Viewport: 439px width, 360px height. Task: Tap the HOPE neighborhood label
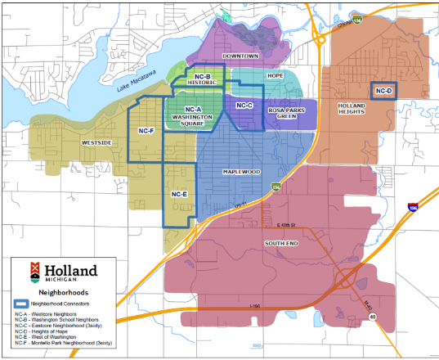coord(275,75)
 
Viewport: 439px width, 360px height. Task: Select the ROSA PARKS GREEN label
coord(286,112)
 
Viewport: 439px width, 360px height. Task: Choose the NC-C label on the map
coord(244,106)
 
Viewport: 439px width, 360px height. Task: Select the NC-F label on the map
coord(146,131)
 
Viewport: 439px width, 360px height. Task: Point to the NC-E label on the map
coord(180,194)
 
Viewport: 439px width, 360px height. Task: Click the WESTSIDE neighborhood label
coord(96,142)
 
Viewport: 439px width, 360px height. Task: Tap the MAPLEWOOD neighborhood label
coord(240,172)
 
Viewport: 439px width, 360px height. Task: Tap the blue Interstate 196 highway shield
coord(413,209)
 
